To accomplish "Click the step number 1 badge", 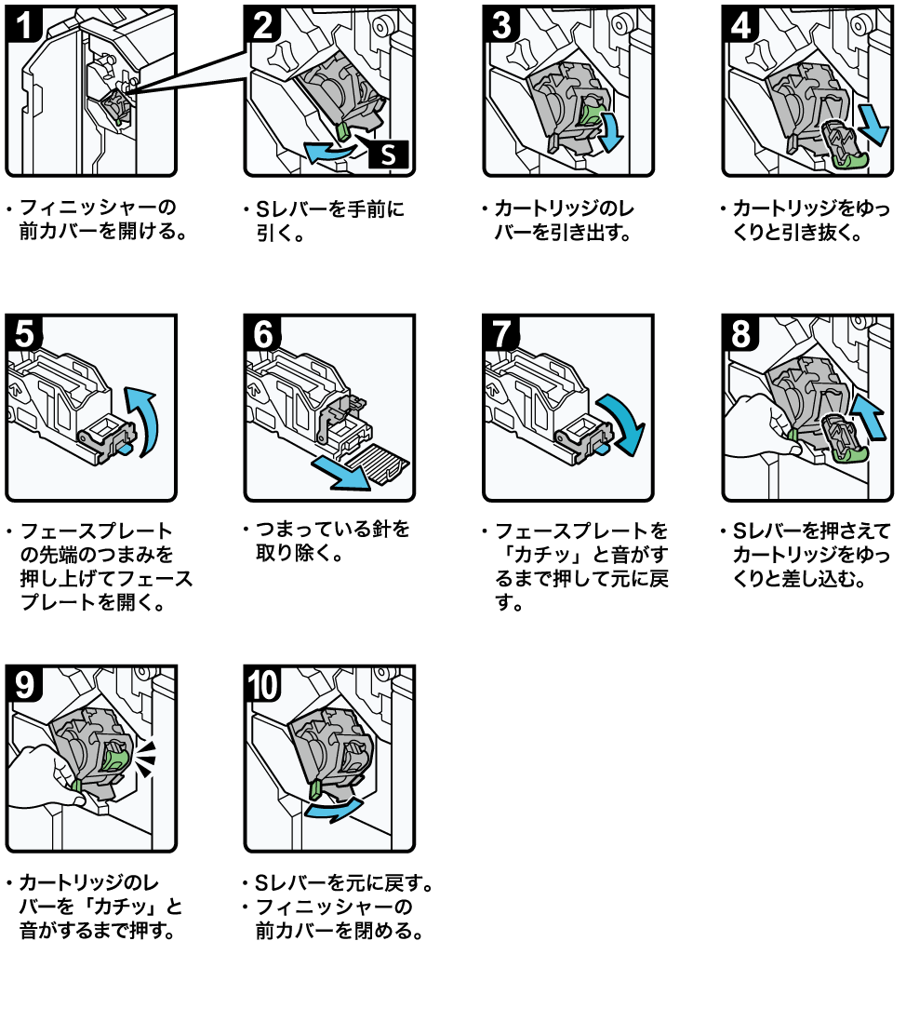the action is (x=24, y=24).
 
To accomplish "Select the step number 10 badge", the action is (x=262, y=684).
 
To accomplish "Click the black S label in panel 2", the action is (x=388, y=155).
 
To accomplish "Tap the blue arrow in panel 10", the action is (x=334, y=809).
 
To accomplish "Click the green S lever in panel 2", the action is (x=343, y=131).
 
